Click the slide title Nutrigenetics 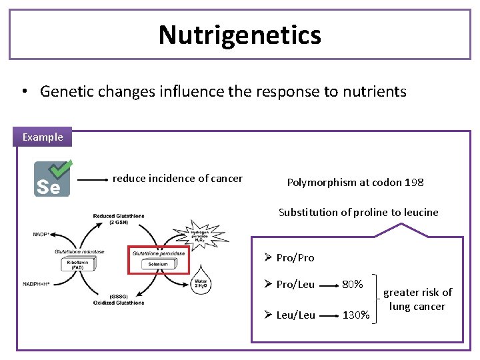(240, 35)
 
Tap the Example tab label (43, 137)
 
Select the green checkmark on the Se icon (63, 169)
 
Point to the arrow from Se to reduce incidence (93, 179)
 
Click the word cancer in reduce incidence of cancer (226, 178)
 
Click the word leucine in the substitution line (419, 212)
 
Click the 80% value (352, 284)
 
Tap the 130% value (355, 315)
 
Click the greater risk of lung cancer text (417, 299)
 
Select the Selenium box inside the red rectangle (158, 265)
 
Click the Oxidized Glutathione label (118, 303)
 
